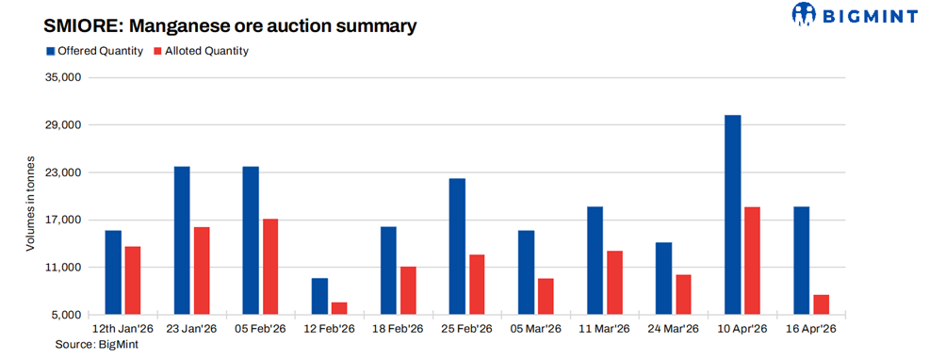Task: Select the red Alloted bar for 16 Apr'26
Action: point(821,303)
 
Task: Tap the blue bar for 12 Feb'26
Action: point(319,295)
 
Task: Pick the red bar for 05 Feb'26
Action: point(270,266)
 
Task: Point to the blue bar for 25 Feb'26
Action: point(457,245)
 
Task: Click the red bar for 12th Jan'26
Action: point(133,279)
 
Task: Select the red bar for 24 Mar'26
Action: point(683,293)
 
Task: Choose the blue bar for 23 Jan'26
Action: point(182,239)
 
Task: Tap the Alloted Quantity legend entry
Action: point(201,50)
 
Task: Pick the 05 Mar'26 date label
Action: point(535,329)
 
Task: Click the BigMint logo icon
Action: point(804,13)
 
